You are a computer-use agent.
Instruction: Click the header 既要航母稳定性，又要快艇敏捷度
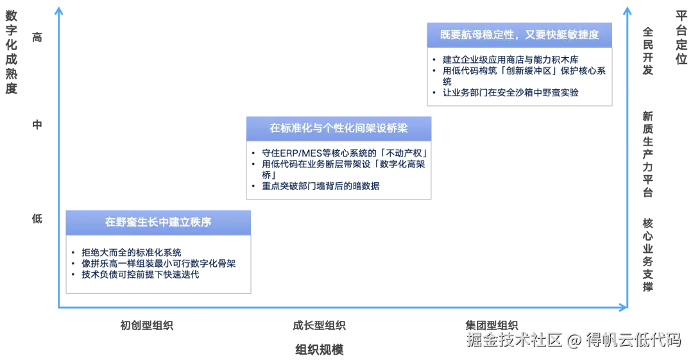tap(520, 35)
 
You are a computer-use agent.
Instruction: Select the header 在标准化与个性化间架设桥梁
tap(339, 128)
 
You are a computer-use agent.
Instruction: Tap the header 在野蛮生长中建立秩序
tap(158, 222)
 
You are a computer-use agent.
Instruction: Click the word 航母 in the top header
tap(472, 35)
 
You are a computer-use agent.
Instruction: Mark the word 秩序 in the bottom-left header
tap(201, 222)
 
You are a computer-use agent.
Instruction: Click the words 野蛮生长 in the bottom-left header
tap(137, 222)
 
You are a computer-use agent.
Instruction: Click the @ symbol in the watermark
tap(573, 339)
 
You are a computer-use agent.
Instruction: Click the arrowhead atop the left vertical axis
tap(59, 10)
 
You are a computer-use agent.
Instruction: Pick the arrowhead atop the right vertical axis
tap(627, 10)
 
